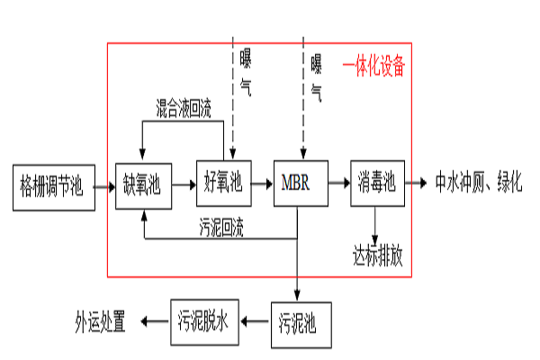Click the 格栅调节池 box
(53, 187)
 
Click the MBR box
(300, 184)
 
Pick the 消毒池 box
(377, 184)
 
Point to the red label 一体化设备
(373, 67)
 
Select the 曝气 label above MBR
(317, 76)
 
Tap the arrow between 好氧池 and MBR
(263, 184)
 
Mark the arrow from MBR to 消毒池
(337, 184)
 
